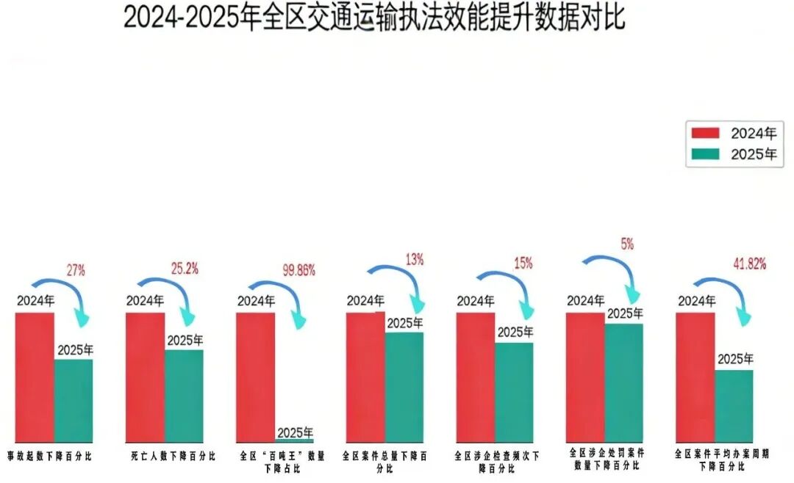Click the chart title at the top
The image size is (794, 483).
coord(374,18)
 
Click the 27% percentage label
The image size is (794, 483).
coord(76,270)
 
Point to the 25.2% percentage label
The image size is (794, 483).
coord(185,269)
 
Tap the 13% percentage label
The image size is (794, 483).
coord(415,259)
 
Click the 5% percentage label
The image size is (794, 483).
coord(626,244)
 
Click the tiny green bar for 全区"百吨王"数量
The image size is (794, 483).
coord(294,440)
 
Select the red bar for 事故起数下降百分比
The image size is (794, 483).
coord(35,377)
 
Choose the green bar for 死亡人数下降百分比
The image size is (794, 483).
coord(184,396)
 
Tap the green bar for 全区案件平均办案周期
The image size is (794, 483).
coord(734,405)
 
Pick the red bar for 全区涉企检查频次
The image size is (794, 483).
coord(475,377)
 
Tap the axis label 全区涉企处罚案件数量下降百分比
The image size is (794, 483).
coord(605,459)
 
